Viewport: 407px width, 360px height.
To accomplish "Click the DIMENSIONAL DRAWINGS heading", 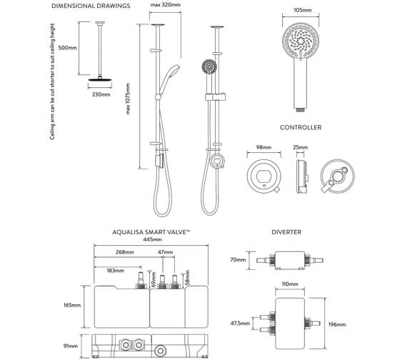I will [x=91, y=6].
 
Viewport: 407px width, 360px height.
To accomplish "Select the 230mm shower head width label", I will [x=101, y=94].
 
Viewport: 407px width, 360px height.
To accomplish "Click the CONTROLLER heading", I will [x=301, y=128].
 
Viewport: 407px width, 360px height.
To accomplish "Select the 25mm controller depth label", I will [x=301, y=148].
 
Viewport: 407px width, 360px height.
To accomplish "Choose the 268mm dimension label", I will [x=126, y=253].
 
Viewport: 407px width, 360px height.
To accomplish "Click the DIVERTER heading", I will [x=286, y=233].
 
